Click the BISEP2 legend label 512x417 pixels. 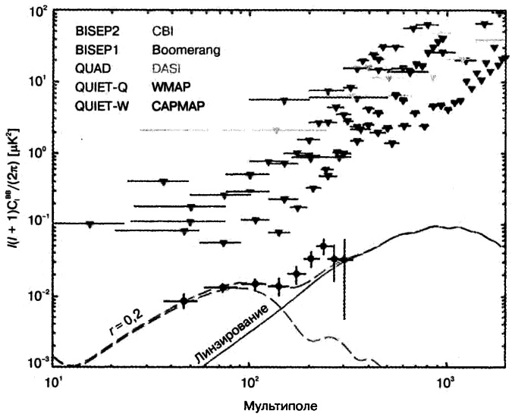(x=97, y=33)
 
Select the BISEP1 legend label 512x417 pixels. (x=97, y=51)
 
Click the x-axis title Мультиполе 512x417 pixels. (x=276, y=405)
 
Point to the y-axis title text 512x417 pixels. (x=17, y=190)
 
